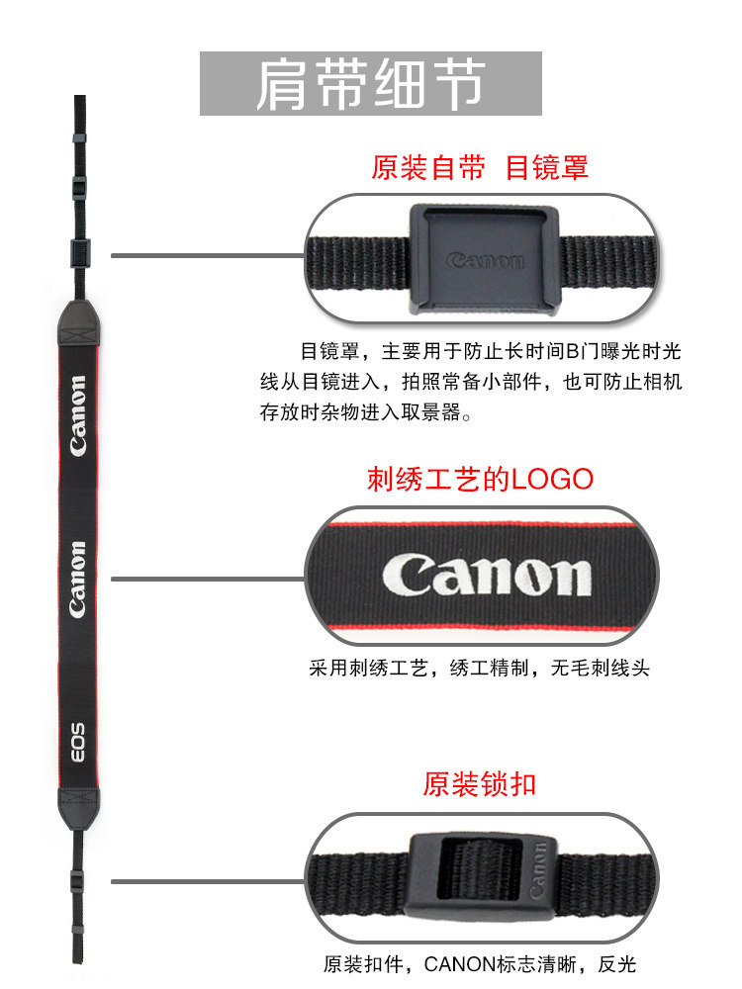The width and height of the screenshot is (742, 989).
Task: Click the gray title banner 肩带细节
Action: (371, 84)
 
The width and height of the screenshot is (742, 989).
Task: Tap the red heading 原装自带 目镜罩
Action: (480, 167)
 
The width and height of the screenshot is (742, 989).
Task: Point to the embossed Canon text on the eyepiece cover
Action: (484, 261)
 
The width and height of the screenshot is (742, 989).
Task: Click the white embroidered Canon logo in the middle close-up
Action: (486, 575)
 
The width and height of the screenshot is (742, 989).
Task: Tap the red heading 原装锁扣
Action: (480, 784)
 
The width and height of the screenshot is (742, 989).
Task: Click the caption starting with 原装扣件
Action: (480, 964)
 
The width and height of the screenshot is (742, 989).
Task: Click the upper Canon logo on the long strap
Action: (78, 415)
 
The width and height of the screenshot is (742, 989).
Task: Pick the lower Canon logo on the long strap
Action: (78, 580)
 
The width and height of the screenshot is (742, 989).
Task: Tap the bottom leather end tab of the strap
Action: (77, 807)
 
